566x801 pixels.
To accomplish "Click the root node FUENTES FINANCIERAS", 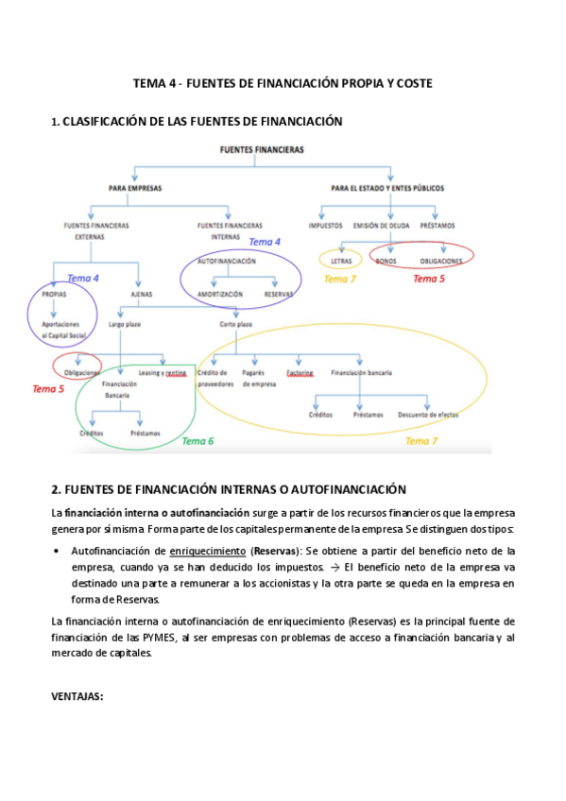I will click(x=262, y=149).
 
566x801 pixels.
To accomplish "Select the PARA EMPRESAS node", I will click(x=135, y=188).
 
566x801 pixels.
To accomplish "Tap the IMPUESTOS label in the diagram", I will click(x=325, y=225).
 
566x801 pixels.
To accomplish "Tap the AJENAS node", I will click(x=141, y=295).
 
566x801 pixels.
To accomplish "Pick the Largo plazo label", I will click(x=124, y=324).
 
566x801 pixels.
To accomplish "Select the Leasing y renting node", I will click(x=163, y=373).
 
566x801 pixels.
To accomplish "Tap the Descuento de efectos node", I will click(x=428, y=415).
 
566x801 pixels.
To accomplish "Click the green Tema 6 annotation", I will click(x=197, y=441).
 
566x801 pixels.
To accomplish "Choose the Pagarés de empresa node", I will click(x=256, y=379).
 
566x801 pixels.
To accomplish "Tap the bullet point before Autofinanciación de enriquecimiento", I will click(x=58, y=550).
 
